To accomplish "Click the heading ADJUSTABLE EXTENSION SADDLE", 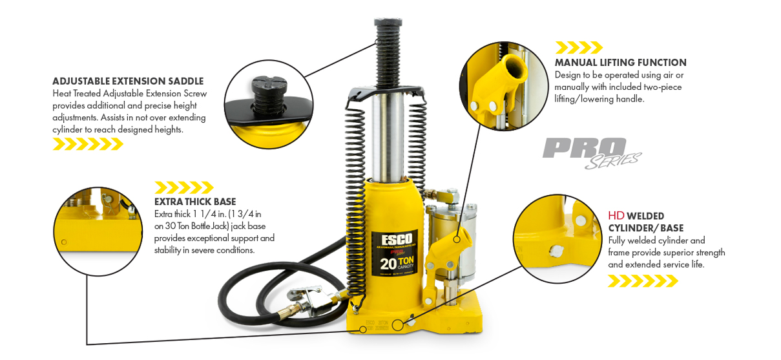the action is (128, 81).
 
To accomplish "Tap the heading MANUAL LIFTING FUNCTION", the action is (621, 63).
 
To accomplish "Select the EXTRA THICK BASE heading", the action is (195, 202).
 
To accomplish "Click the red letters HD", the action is (616, 216).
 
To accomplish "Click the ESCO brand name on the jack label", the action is (397, 240).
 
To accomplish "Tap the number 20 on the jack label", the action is (388, 264).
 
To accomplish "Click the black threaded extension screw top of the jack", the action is (388, 52).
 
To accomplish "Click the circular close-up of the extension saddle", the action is (269, 104).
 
